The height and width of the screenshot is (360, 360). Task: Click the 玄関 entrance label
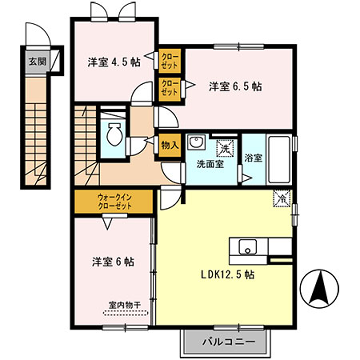pyautogui.click(x=36, y=61)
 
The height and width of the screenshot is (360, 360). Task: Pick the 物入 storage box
pyautogui.click(x=169, y=145)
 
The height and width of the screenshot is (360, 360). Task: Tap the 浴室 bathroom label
pyautogui.click(x=254, y=158)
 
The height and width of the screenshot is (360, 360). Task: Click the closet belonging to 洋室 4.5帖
pyautogui.click(x=169, y=60)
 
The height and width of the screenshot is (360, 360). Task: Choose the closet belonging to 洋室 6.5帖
pyautogui.click(x=169, y=88)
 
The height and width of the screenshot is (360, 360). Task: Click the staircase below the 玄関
pyautogui.click(x=38, y=130)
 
